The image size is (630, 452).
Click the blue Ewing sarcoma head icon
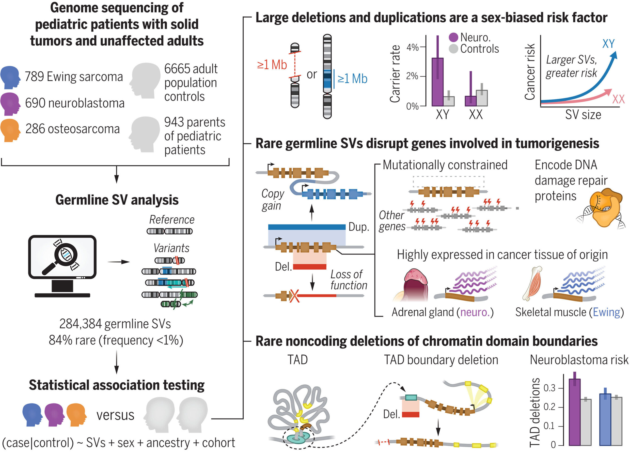(x=10, y=77)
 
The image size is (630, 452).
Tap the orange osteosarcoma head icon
(x=10, y=130)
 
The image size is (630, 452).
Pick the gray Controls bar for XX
(x=482, y=98)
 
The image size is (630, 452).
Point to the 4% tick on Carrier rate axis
(x=413, y=47)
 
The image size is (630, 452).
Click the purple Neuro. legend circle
(x=453, y=37)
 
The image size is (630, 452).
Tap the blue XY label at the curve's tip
(x=608, y=44)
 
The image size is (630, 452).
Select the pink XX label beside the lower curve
(x=618, y=99)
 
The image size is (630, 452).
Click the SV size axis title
(x=583, y=115)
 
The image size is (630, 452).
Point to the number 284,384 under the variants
(x=80, y=324)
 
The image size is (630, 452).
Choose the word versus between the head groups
(x=115, y=415)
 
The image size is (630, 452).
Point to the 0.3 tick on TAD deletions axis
(x=550, y=388)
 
